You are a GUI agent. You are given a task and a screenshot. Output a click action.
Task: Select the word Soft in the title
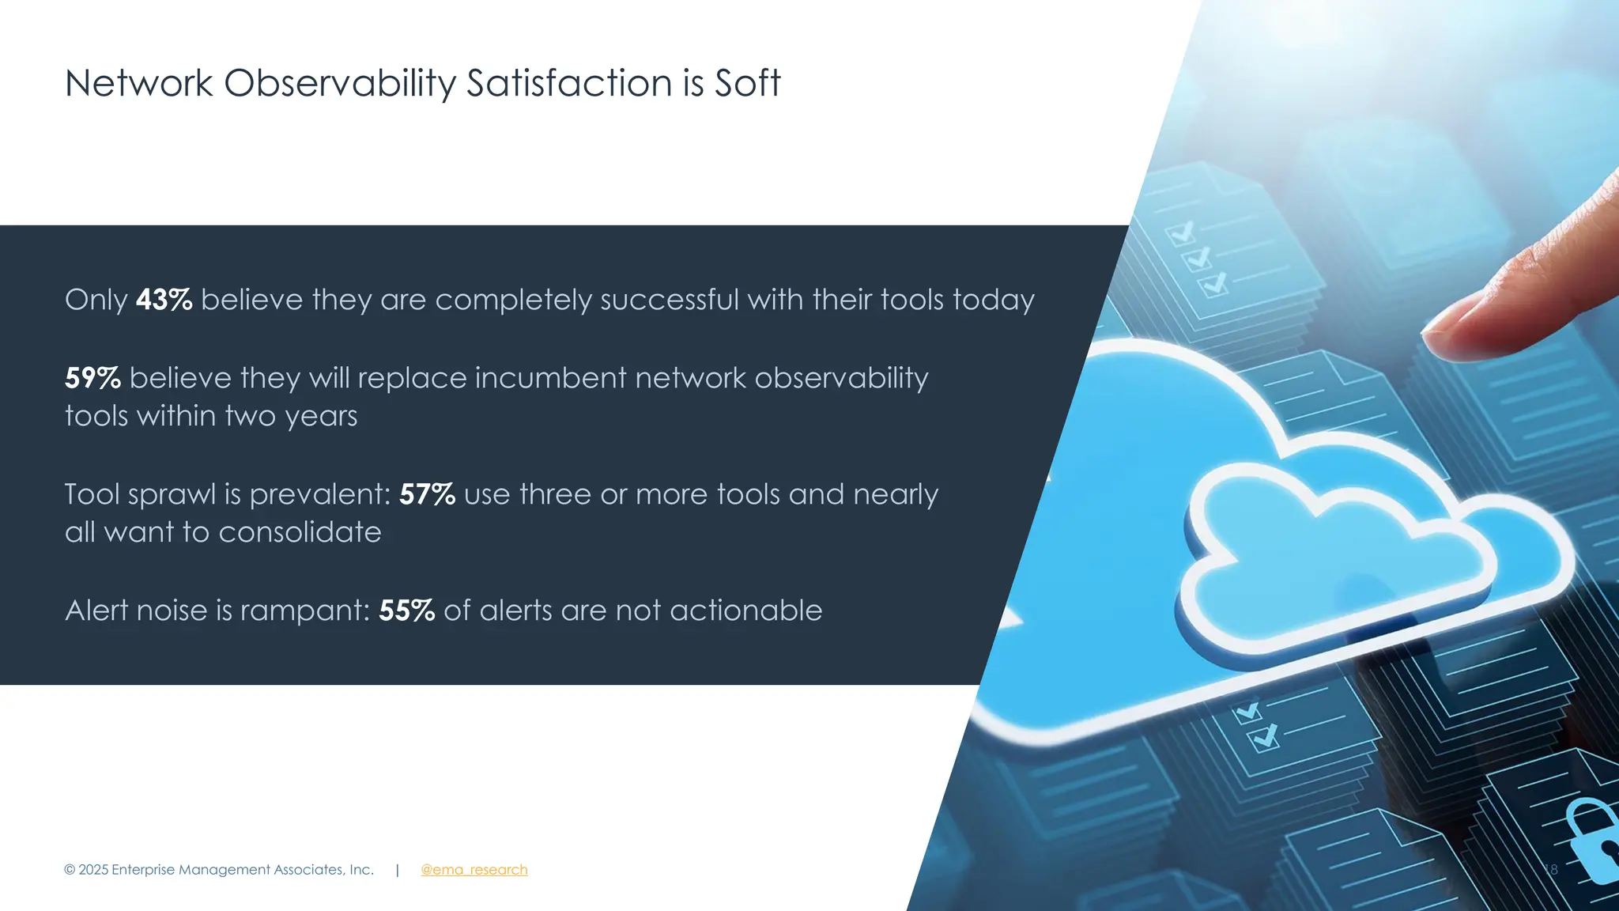coord(747,83)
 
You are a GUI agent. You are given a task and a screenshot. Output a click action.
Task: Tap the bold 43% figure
coord(164,301)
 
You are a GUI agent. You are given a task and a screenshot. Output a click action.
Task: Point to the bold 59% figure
coord(92,378)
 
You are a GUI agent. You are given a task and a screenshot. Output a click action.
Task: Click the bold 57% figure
coord(427,494)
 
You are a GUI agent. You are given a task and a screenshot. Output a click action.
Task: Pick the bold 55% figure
coord(406,610)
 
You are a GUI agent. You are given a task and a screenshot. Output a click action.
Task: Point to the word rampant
coord(304,611)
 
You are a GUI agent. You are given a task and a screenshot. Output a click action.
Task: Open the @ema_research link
coord(474,870)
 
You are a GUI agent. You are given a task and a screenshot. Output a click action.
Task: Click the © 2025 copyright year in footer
coord(93,870)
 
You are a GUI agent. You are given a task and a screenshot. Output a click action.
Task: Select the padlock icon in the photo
coord(1593,842)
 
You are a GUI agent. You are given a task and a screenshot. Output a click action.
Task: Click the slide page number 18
coord(1550,870)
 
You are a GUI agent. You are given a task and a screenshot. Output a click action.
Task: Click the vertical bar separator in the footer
coord(397,870)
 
